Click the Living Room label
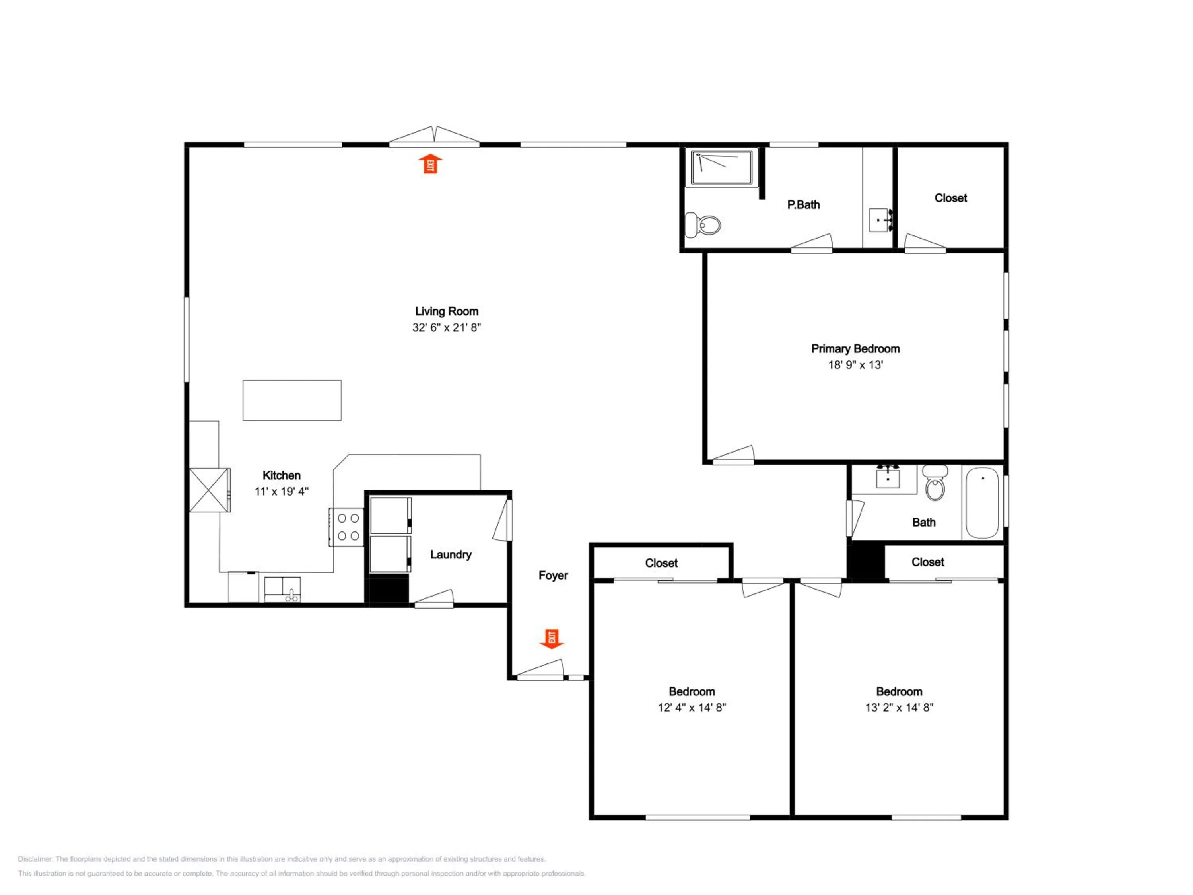[447, 311]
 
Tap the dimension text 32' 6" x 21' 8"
[447, 327]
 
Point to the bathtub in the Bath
[982, 503]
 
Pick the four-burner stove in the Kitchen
[347, 527]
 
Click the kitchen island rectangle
[292, 400]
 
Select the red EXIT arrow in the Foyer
[552, 639]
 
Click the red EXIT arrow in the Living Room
[430, 164]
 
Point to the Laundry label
[451, 555]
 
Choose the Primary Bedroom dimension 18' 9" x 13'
[855, 365]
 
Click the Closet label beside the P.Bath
[951, 198]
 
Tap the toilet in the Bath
[935, 483]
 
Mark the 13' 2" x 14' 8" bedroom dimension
[899, 708]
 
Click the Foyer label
[554, 576]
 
